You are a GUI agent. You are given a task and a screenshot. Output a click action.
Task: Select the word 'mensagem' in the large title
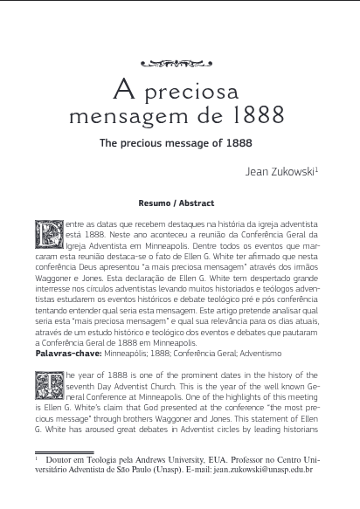point(142,114)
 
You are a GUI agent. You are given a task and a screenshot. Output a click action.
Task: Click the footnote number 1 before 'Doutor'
point(37,457)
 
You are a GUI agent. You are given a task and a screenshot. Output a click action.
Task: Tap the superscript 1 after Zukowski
point(317,169)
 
